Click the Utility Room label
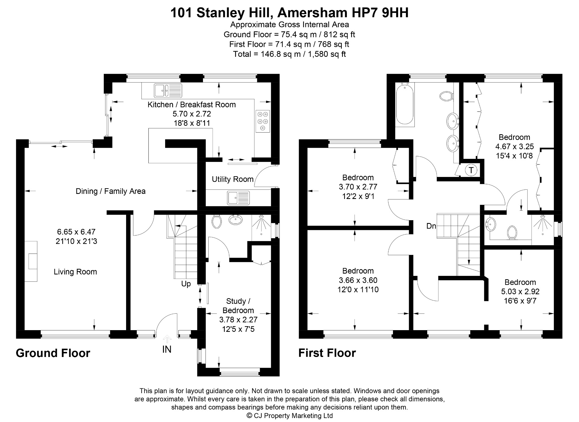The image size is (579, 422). [233, 179]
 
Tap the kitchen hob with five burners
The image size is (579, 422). [263, 121]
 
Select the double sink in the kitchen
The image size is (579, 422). [168, 91]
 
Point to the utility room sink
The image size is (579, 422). [238, 198]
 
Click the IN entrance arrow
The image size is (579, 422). [167, 339]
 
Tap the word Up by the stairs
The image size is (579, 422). [186, 284]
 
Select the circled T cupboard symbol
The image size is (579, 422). [471, 170]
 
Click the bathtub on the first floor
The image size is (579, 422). [405, 105]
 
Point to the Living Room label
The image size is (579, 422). [75, 272]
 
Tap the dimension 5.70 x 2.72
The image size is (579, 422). [192, 114]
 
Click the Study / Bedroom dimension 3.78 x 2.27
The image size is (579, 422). [238, 320]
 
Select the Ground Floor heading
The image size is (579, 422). [53, 353]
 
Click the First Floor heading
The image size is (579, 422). [327, 353]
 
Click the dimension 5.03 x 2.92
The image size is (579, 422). [520, 291]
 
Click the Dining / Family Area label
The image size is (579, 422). [111, 191]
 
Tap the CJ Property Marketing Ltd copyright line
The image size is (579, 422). [290, 415]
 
